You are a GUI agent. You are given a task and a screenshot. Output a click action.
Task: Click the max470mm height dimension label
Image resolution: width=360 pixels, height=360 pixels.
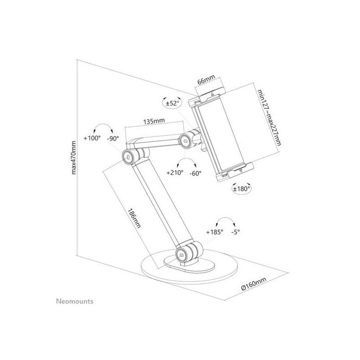click(x=75, y=157)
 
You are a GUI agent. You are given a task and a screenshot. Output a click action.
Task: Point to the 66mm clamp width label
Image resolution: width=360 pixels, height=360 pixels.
click(x=206, y=81)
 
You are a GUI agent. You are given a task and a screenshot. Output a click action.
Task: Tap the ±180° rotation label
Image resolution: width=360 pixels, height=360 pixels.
click(x=241, y=189)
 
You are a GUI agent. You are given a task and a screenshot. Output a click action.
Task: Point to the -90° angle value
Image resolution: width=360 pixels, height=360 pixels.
click(x=113, y=138)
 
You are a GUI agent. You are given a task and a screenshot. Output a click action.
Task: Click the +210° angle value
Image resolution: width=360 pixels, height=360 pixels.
click(x=174, y=173)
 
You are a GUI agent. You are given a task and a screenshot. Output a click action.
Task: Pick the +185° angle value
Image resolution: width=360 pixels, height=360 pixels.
click(x=214, y=232)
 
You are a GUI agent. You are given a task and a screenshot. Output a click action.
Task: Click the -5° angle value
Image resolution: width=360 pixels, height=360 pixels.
click(x=236, y=232)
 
